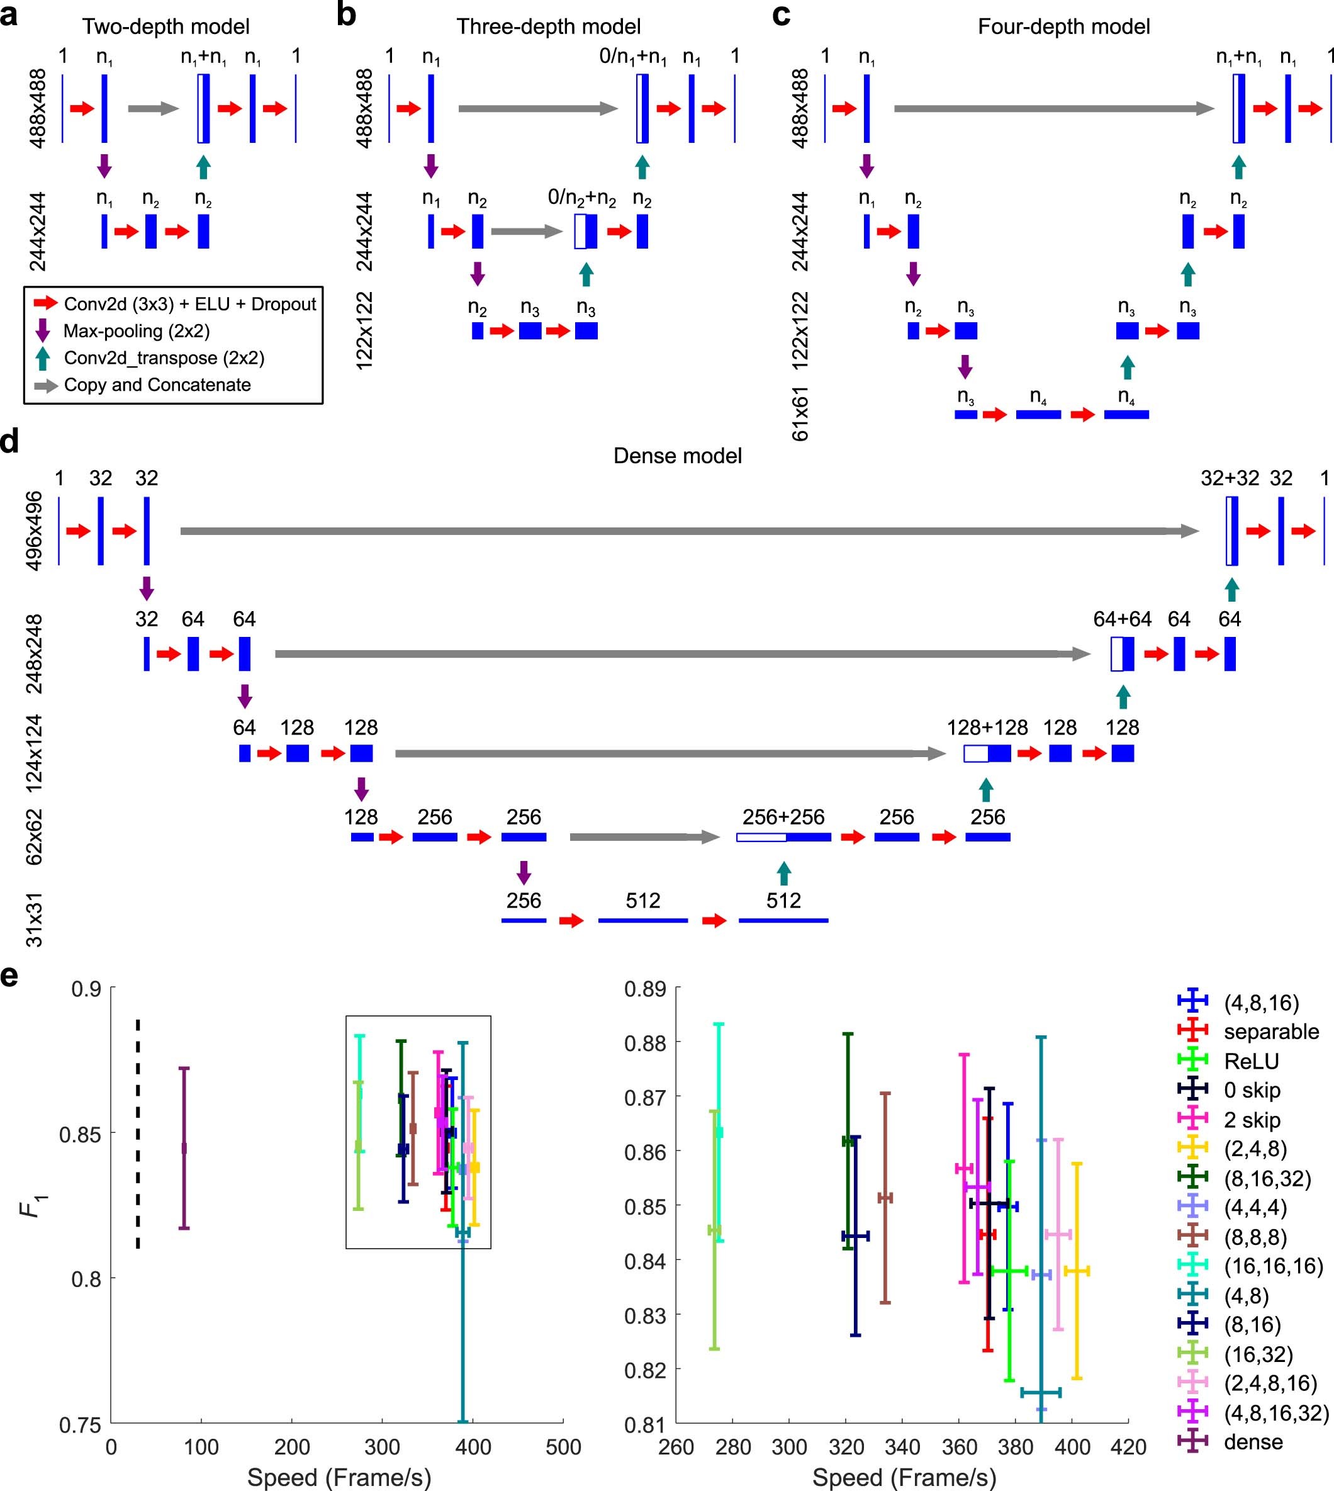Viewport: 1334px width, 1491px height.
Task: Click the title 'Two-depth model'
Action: pos(165,27)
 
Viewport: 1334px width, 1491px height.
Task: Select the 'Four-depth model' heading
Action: pos(1063,27)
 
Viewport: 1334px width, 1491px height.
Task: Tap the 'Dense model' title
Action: pos(677,456)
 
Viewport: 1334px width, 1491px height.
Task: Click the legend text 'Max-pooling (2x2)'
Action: pos(137,331)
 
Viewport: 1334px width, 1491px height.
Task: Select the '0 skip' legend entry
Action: pos(1252,1090)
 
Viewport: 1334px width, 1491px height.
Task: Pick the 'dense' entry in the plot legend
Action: pos(1253,1442)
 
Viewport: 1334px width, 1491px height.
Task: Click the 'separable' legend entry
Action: pos(1271,1032)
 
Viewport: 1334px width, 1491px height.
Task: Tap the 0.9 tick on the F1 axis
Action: pos(86,989)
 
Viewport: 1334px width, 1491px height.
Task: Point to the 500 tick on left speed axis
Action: pos(563,1447)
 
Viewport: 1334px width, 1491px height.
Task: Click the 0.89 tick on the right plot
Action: pos(645,989)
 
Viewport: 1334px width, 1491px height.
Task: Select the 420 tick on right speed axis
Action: pos(1128,1447)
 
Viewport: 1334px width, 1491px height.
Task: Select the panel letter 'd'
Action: pos(10,442)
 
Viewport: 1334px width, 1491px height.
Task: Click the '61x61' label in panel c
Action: pos(800,413)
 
